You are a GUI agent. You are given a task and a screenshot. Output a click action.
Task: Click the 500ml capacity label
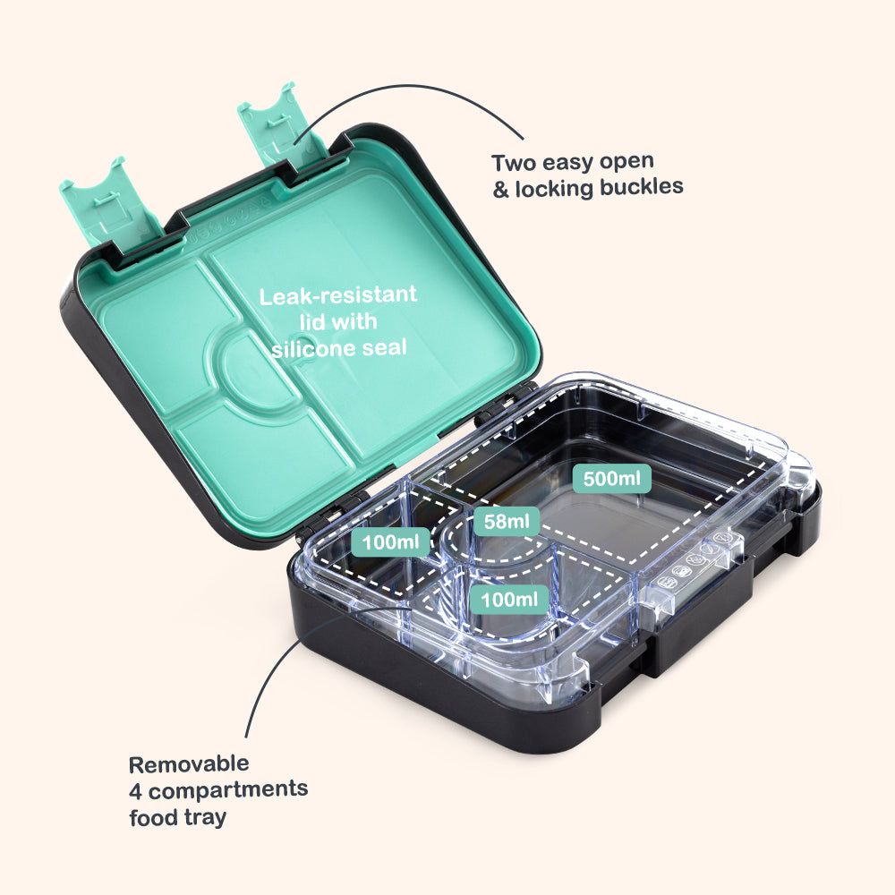(x=612, y=478)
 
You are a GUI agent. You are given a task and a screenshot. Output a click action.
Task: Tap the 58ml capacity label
(x=507, y=521)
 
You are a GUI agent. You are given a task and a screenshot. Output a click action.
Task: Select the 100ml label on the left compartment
(x=391, y=541)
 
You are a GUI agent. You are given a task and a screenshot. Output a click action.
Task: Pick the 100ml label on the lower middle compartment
(x=509, y=600)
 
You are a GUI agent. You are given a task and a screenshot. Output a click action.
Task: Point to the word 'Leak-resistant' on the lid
(x=338, y=295)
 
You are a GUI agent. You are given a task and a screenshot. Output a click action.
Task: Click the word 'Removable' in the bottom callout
(x=189, y=764)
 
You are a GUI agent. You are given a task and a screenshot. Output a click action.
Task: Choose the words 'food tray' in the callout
(x=177, y=817)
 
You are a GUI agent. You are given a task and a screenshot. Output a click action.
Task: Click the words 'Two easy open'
(x=573, y=163)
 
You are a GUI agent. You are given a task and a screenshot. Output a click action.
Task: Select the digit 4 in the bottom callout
(x=135, y=790)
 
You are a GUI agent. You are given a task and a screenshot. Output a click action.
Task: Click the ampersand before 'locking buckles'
(x=500, y=190)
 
